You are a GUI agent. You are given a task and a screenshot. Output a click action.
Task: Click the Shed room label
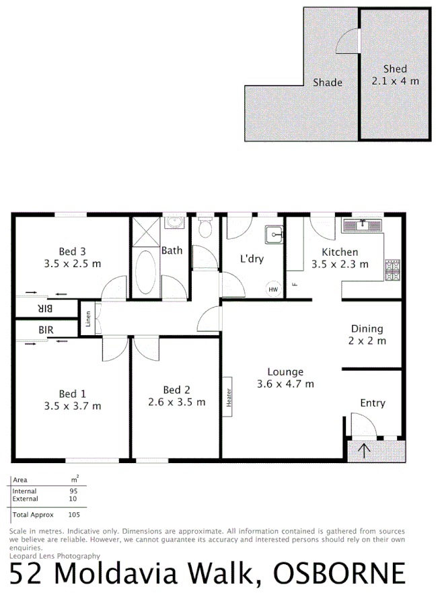[x=395, y=69]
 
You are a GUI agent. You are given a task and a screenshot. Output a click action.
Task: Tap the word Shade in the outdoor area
[x=328, y=82]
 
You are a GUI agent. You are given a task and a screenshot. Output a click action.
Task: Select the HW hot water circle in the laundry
[x=272, y=289]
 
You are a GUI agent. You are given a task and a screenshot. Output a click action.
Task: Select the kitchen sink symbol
[x=362, y=224]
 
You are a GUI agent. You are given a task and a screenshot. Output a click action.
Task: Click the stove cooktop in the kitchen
[x=394, y=269]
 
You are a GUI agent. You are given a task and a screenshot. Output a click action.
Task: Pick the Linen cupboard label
[x=88, y=319]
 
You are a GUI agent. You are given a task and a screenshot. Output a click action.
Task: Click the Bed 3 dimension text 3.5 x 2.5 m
[x=73, y=264]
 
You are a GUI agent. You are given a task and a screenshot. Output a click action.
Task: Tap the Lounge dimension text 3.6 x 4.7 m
[x=285, y=384]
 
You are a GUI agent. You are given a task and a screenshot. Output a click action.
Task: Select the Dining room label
[x=367, y=328]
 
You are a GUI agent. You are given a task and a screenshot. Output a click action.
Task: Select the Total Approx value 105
[x=74, y=514]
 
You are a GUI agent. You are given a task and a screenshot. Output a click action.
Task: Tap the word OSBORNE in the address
[x=339, y=573]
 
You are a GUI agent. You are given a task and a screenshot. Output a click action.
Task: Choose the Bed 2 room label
[x=176, y=390]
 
